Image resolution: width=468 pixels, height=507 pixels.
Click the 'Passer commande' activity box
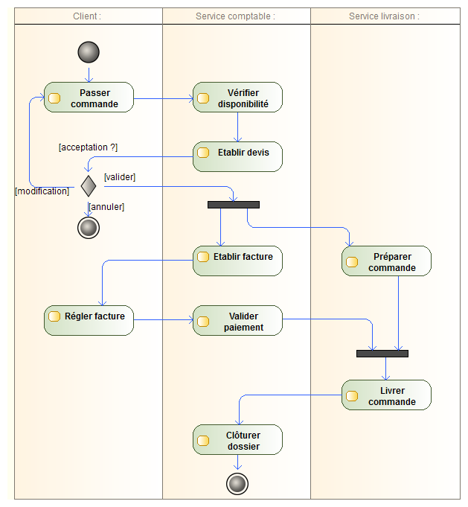tap(89, 98)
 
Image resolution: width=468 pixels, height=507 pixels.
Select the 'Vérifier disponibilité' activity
tap(237, 98)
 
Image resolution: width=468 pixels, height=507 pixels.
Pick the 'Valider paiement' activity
tap(237, 320)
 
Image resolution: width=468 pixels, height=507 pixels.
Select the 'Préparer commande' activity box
tap(386, 261)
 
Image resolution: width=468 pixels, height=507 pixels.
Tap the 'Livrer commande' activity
tap(386, 395)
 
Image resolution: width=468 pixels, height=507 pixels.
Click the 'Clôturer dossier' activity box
tap(237, 440)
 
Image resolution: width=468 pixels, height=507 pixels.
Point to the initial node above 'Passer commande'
tap(89, 52)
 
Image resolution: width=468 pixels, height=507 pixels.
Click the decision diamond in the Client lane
tap(89, 185)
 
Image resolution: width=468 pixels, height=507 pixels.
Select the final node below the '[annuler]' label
tap(89, 227)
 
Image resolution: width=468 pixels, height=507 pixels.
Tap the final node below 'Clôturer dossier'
tap(237, 484)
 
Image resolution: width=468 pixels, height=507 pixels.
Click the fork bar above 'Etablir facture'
tap(234, 204)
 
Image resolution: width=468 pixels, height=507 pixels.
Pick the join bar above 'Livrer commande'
tap(382, 353)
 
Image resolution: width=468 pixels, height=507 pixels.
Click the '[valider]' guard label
tap(120, 176)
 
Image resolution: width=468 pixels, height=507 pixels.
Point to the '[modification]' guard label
tap(42, 191)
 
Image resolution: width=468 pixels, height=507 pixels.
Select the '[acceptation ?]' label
tap(88, 147)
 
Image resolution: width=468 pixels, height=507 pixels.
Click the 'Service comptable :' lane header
tap(235, 16)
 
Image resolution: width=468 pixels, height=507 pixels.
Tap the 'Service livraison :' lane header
tap(384, 16)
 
